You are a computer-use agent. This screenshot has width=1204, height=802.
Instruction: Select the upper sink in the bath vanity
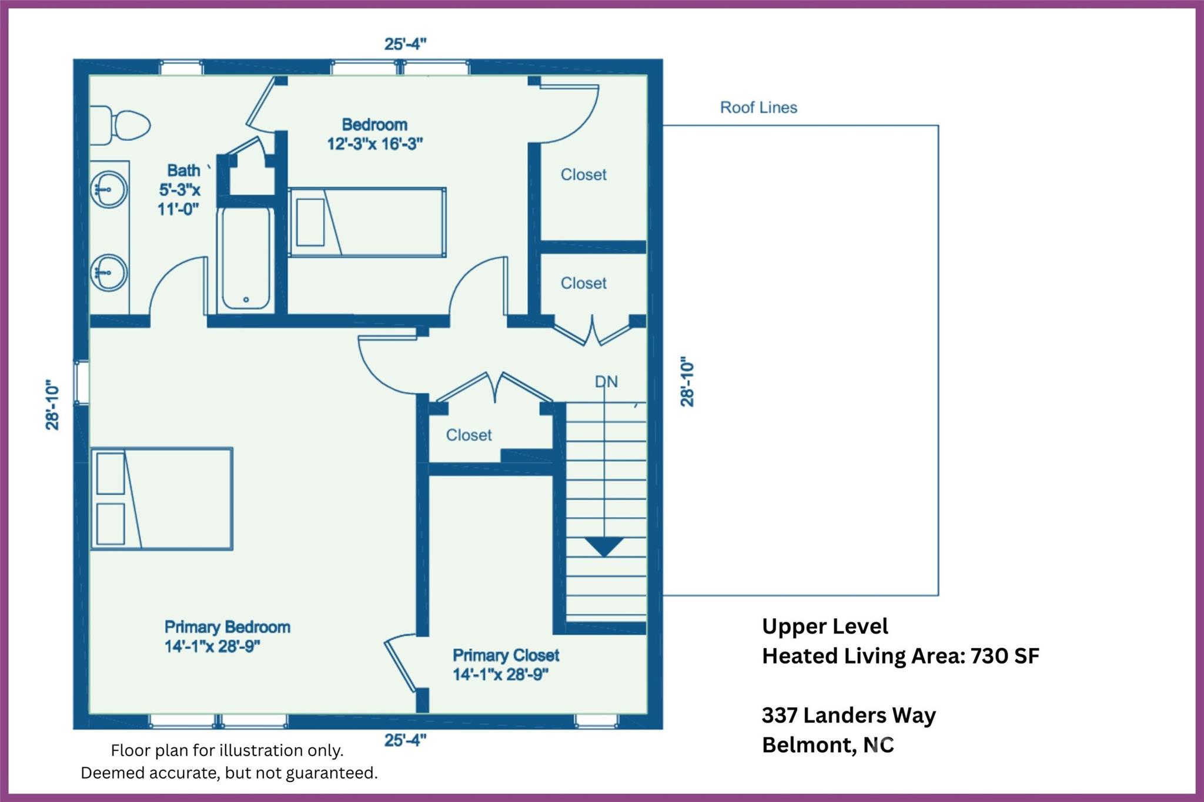pos(109,189)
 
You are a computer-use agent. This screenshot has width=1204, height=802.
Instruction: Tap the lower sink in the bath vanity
pos(109,272)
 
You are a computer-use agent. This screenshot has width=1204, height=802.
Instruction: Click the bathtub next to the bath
pos(246,259)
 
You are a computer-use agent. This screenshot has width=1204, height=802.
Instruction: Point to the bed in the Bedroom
pos(367,222)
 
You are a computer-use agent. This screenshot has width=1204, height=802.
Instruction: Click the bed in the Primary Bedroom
pos(162,499)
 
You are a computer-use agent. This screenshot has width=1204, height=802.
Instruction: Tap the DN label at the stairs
pos(606,382)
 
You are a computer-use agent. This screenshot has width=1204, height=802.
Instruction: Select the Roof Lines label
pos(758,108)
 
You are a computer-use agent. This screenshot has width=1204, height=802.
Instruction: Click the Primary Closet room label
pos(506,655)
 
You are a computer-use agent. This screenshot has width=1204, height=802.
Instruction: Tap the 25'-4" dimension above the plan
pos(405,44)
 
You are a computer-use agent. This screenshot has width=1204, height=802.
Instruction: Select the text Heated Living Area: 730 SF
pos(900,656)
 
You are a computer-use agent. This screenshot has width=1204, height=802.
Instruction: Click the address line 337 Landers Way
pos(848,715)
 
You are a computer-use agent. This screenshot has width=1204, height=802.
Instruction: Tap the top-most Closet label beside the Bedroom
pos(583,175)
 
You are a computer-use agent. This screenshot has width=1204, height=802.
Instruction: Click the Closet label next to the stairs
pos(469,435)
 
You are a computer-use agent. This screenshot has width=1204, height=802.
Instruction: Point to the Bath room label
pos(183,170)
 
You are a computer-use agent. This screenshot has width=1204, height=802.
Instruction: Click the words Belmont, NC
pos(827,745)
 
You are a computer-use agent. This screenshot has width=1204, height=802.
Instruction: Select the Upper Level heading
pos(824,626)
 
